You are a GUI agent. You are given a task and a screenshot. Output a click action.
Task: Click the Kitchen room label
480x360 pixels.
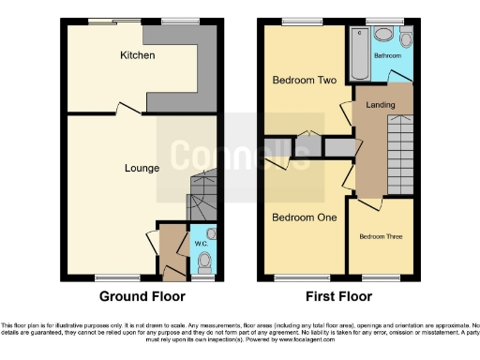[137, 56]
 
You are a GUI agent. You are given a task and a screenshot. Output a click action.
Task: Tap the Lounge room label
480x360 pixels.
[142, 169]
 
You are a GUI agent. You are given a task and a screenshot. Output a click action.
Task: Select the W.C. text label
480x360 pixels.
[201, 245]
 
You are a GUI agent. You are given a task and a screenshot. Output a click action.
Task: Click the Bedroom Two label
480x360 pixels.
[304, 81]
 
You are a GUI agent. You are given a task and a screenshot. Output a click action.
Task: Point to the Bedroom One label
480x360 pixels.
[304, 217]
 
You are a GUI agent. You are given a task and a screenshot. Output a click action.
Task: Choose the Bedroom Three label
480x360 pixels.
[381, 236]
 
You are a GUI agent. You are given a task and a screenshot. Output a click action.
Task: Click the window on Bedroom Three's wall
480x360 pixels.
[380, 277]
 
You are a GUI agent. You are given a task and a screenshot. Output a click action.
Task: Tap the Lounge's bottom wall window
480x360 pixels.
[117, 277]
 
